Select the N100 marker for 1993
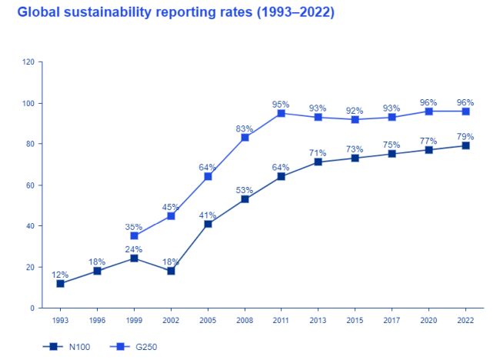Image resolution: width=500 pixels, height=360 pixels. coord(60,283)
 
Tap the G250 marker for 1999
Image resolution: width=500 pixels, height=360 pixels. coord(134,236)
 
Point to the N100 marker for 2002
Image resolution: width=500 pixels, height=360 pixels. coord(171,271)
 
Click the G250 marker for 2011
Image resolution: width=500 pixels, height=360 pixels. coord(282,113)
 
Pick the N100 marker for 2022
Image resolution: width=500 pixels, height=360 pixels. coord(465,145)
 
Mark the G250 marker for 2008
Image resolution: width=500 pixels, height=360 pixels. coord(245,138)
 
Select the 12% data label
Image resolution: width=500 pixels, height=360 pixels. coord(60,275)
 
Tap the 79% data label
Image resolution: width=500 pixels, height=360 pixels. coord(465,137)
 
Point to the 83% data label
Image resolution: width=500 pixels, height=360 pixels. coord(244,128)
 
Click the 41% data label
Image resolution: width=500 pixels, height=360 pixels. coord(207,215)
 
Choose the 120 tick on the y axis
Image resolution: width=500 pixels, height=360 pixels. coord(28,62)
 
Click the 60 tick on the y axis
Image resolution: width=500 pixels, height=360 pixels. coord(30,185)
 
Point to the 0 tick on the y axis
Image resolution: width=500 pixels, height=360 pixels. coord(32,308)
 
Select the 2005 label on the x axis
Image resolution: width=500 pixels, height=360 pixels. coord(208,319)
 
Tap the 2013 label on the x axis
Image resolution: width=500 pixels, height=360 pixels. coord(318,319)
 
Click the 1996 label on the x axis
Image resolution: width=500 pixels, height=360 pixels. coord(97,319)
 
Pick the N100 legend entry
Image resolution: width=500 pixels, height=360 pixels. coord(68,347)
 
